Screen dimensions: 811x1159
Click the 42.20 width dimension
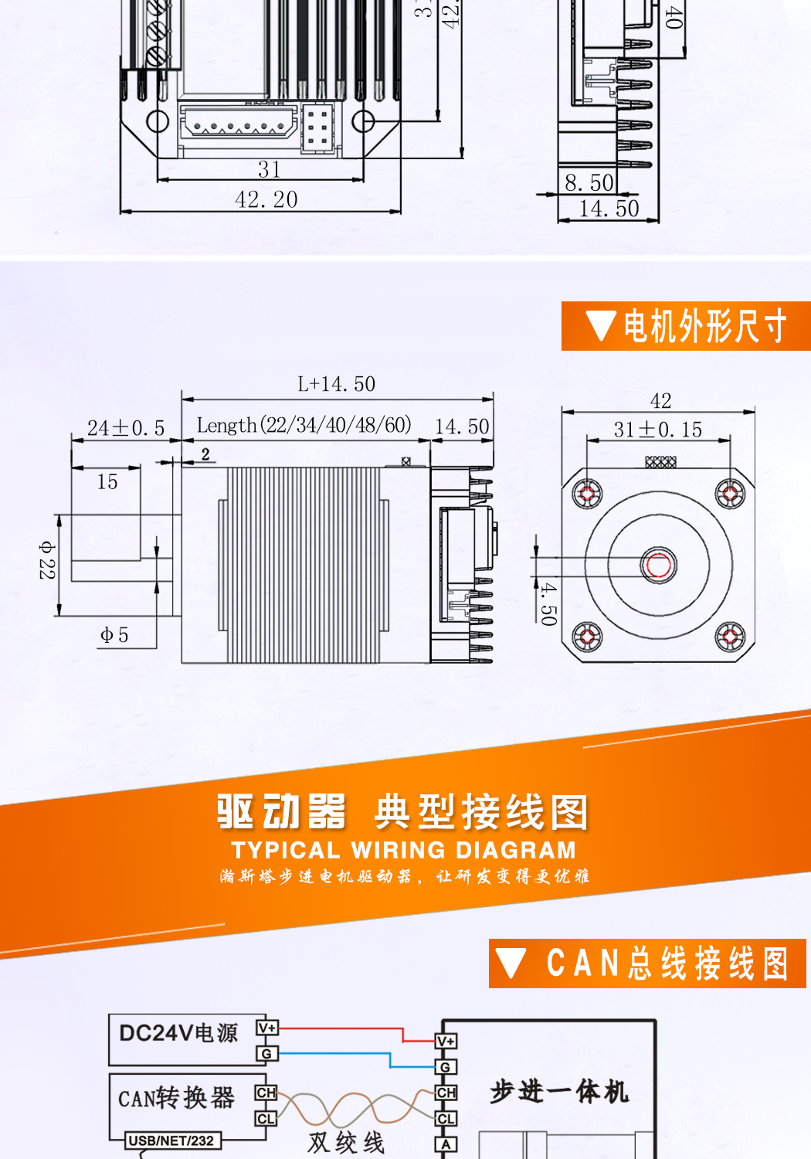[x=266, y=199]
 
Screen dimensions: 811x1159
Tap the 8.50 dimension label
[x=589, y=183]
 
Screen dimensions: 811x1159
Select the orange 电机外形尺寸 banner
[x=686, y=326]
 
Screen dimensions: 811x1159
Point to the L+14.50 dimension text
[x=337, y=384]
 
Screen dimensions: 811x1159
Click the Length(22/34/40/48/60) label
[x=304, y=425]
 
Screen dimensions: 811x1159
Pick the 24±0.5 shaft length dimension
[x=126, y=428]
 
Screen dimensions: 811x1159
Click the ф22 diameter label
[x=47, y=560]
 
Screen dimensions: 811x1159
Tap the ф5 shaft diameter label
[x=114, y=635]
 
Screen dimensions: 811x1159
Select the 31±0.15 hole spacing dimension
[x=658, y=430]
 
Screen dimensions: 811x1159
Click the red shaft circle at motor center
[x=658, y=565]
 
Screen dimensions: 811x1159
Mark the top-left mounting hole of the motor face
[x=587, y=493]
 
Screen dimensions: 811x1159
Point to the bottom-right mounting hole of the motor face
[x=729, y=637]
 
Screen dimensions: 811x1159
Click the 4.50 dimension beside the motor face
[x=548, y=603]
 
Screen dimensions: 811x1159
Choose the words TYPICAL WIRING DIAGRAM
[x=404, y=850]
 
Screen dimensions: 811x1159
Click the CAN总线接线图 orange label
[x=647, y=964]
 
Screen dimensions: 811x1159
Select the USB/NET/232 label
[x=171, y=1140]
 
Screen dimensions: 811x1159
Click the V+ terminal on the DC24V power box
[x=266, y=1028]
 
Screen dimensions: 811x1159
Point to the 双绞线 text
[x=346, y=1143]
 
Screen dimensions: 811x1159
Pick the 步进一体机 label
[x=559, y=1092]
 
